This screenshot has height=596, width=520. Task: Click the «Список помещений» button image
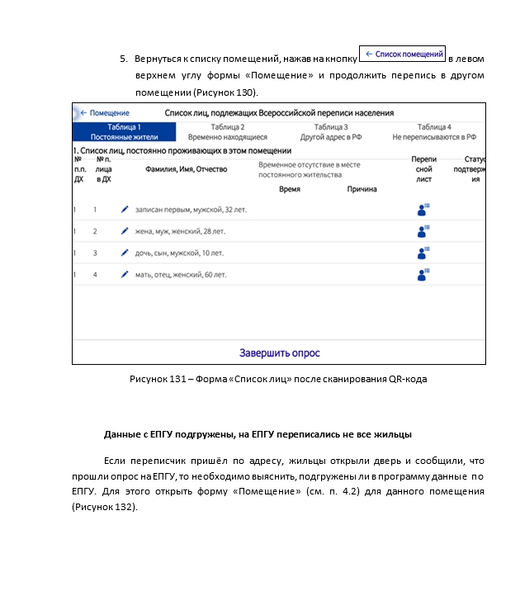tap(404, 54)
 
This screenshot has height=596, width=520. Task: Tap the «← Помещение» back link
tap(105, 113)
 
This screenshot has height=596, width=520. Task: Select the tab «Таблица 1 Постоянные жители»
tap(124, 132)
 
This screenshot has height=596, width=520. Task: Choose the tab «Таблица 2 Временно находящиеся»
tap(227, 132)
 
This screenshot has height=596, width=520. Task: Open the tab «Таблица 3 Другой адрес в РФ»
tap(330, 132)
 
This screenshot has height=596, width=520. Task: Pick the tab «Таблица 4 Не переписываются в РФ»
tap(434, 132)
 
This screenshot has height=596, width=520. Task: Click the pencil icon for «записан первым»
tap(125, 210)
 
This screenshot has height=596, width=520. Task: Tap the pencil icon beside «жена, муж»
tap(125, 231)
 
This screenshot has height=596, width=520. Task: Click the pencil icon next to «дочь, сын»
tap(125, 253)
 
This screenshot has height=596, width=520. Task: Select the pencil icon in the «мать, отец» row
tap(125, 274)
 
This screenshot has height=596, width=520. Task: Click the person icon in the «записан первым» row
tap(423, 210)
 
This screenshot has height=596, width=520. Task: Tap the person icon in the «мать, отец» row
tap(423, 274)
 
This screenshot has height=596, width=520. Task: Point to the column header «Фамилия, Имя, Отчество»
tap(186, 169)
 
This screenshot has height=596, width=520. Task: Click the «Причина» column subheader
tap(362, 189)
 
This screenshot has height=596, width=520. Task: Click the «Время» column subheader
tap(289, 189)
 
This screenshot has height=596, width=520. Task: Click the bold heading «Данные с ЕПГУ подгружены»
tap(258, 434)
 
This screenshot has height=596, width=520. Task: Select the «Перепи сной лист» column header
tap(423, 168)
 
